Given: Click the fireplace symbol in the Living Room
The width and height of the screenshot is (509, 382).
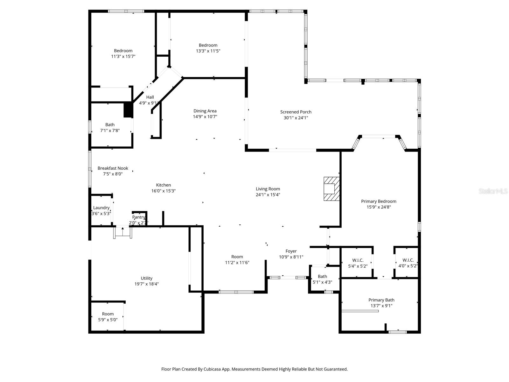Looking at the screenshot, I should pos(331,189).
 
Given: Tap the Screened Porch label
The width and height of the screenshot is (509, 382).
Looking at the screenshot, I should pos(296,112).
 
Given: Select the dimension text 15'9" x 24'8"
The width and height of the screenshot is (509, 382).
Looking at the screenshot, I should pos(379,207).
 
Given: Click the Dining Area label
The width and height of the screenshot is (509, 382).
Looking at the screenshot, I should pos(205,111).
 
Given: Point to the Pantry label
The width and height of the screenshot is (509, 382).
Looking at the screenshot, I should pos(139,217).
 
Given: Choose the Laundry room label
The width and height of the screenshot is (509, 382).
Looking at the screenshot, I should pos(101,208).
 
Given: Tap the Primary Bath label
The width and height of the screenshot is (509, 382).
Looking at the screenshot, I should pos(381,300).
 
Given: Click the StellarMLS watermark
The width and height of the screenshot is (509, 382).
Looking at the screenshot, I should pos(493,191).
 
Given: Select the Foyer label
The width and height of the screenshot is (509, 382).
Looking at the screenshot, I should pos(291,251).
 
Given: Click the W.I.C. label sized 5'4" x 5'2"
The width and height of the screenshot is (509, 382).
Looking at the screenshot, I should pos(358,260).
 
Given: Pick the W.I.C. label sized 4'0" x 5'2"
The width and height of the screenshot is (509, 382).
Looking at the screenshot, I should pos(408,260).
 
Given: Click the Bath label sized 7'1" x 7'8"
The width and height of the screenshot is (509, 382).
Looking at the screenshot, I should pos(110,125).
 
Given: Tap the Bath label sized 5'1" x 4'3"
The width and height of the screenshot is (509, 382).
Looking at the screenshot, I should pos(322,276).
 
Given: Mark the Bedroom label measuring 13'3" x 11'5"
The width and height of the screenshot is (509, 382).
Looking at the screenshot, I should pos(208,45).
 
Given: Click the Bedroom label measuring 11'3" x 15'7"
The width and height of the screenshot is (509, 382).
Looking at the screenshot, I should pos(123,51).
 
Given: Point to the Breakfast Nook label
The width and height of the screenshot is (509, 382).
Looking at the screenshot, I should pos(113,168).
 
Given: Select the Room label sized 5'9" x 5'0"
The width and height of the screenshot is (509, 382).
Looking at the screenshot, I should pos(108,314).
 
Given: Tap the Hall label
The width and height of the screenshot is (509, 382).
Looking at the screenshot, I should pos(150,97).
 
